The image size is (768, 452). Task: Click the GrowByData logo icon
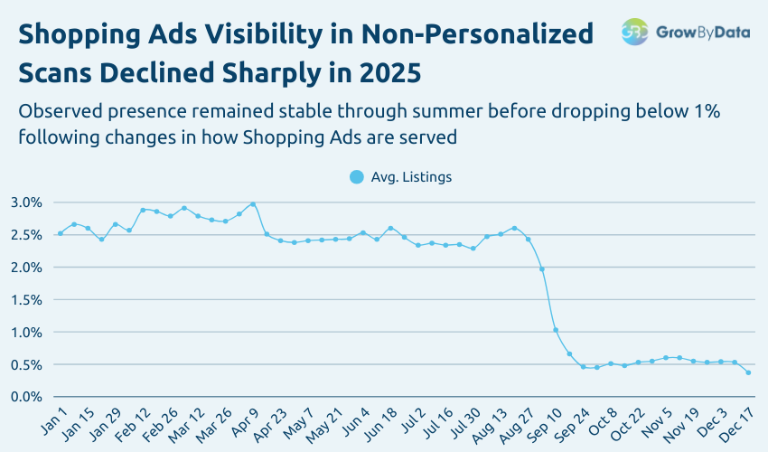coord(635,32)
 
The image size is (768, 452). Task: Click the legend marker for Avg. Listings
coord(357,177)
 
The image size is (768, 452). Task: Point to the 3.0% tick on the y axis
coord(26,202)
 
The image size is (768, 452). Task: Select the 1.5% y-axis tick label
coord(26,299)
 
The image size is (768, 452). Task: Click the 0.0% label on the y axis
coord(26,397)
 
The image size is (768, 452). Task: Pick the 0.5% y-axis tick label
coord(26,364)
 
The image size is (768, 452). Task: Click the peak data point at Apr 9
coord(253,204)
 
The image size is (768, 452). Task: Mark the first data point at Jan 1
coord(61,233)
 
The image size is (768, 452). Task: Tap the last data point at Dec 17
coord(748,372)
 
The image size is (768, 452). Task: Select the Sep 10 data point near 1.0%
coord(556,330)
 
